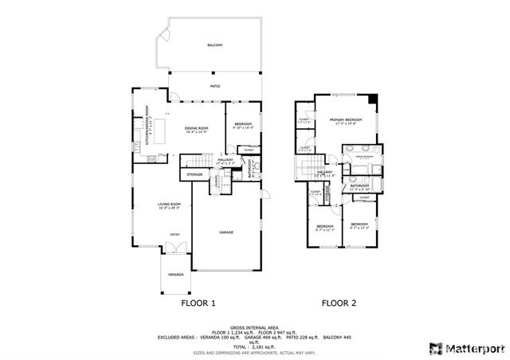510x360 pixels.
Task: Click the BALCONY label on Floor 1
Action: tap(214, 45)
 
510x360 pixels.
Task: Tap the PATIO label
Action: tap(214, 85)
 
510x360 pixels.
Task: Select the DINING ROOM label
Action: tap(196, 128)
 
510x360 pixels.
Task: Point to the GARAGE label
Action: tap(226, 232)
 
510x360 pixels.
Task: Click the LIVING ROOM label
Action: tap(169, 205)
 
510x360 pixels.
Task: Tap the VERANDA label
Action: tap(175, 275)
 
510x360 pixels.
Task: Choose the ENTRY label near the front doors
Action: tap(174, 234)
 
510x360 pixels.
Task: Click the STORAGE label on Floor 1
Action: tap(194, 174)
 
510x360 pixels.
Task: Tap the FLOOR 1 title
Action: tap(198, 303)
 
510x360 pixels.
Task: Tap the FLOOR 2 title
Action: tap(339, 303)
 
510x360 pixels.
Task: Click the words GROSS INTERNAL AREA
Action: tap(254, 327)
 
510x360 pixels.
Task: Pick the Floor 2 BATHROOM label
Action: tap(359, 186)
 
